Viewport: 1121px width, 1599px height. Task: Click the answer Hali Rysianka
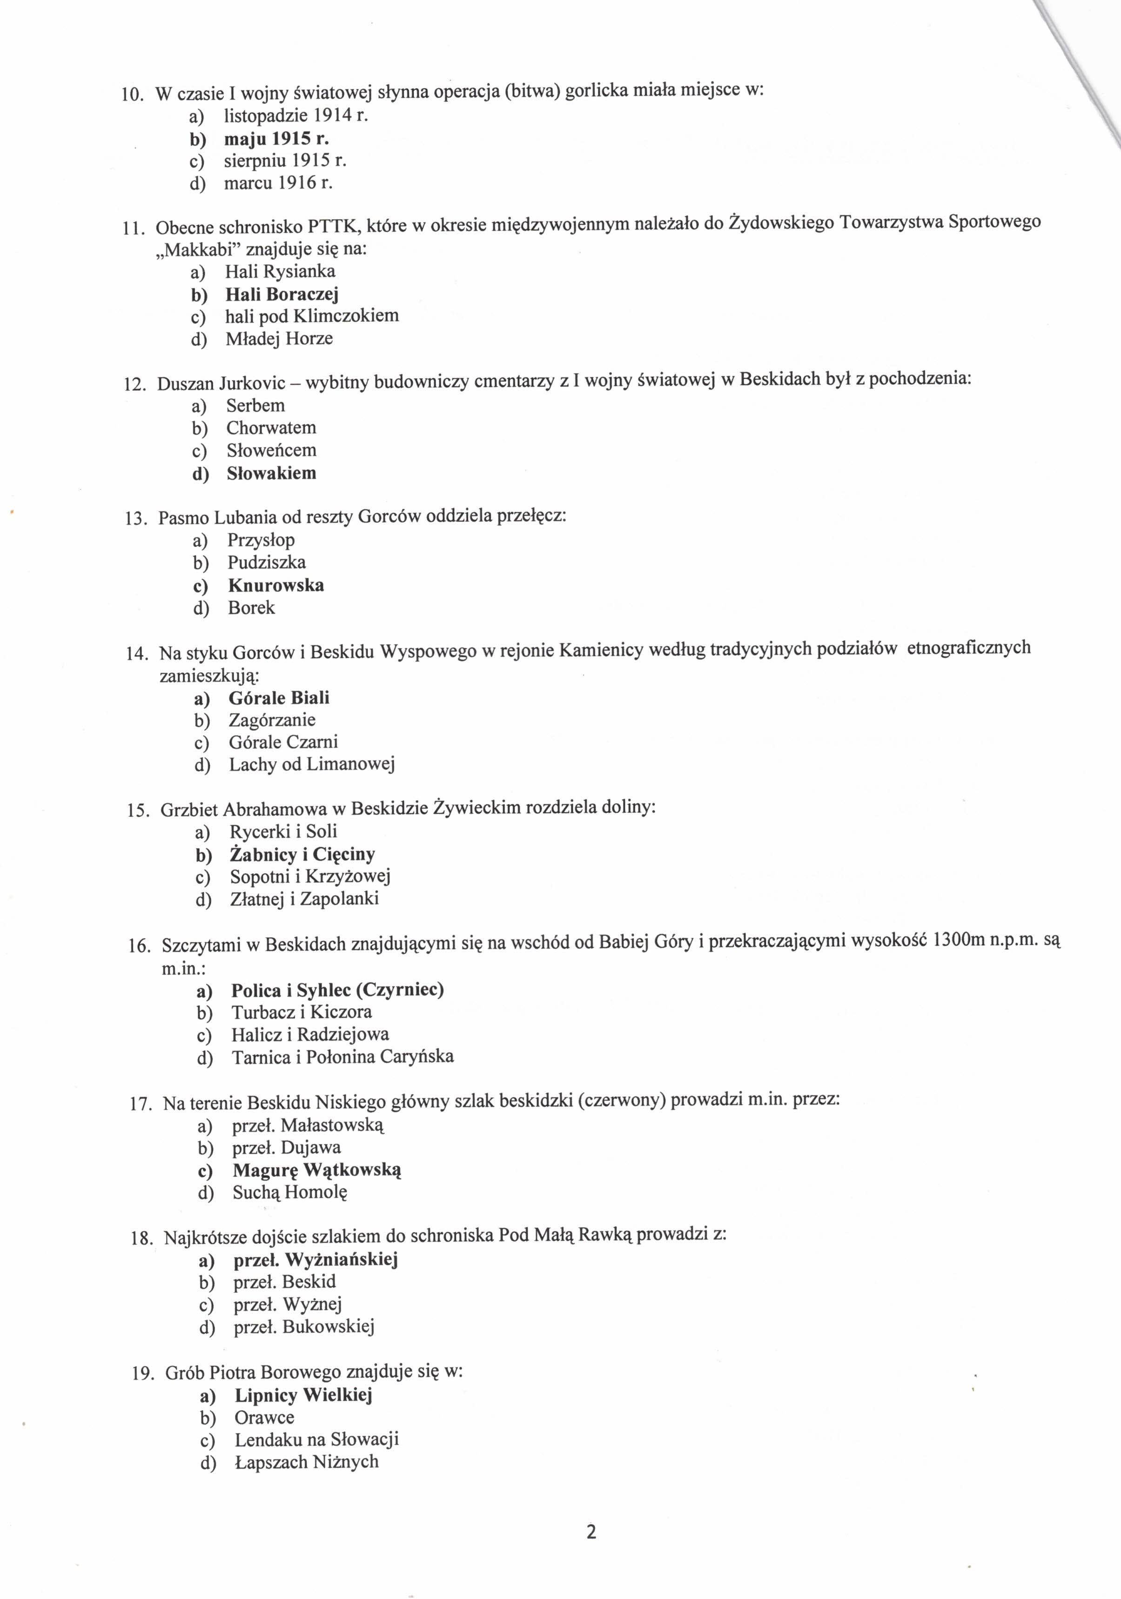(280, 271)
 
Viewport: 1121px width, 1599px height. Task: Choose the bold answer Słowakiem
(271, 474)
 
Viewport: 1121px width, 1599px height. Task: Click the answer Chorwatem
(271, 428)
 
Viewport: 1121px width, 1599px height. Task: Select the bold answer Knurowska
(276, 585)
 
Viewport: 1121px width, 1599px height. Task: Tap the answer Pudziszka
(266, 562)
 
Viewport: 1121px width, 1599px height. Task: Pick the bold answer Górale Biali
(279, 698)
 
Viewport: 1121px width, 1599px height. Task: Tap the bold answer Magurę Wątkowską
(317, 1170)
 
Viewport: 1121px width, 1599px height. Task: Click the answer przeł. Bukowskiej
(304, 1327)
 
